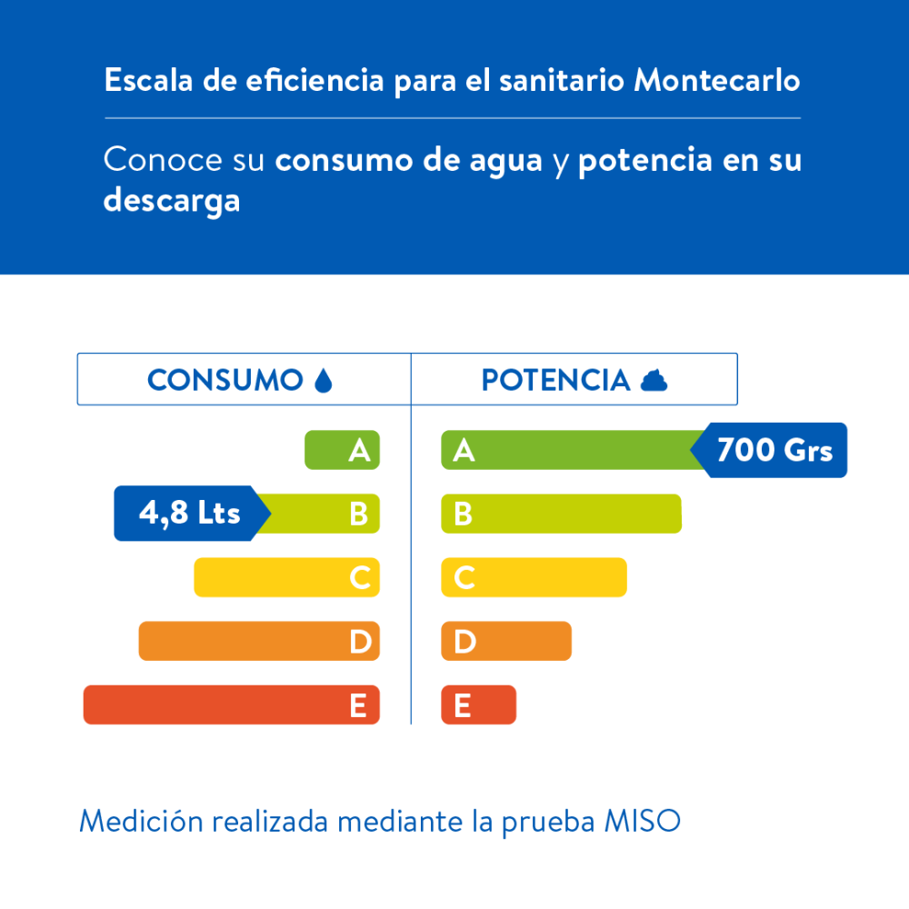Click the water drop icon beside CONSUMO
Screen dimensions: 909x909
point(323,380)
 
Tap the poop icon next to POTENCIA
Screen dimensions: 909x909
point(654,380)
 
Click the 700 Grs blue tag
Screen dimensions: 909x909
point(774,450)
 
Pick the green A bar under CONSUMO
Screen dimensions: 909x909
point(342,450)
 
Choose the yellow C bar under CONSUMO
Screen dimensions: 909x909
point(286,577)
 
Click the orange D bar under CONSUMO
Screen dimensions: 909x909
point(259,641)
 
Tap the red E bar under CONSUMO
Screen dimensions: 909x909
point(231,704)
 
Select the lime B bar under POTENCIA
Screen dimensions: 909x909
point(561,514)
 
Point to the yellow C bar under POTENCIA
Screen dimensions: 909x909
point(534,577)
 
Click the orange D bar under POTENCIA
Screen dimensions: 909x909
point(506,641)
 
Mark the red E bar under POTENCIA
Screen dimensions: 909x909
point(478,704)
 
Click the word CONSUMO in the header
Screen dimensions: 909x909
point(225,380)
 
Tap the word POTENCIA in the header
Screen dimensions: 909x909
point(555,380)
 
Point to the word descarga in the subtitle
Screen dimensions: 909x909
point(172,200)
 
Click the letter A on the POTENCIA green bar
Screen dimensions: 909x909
point(464,450)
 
